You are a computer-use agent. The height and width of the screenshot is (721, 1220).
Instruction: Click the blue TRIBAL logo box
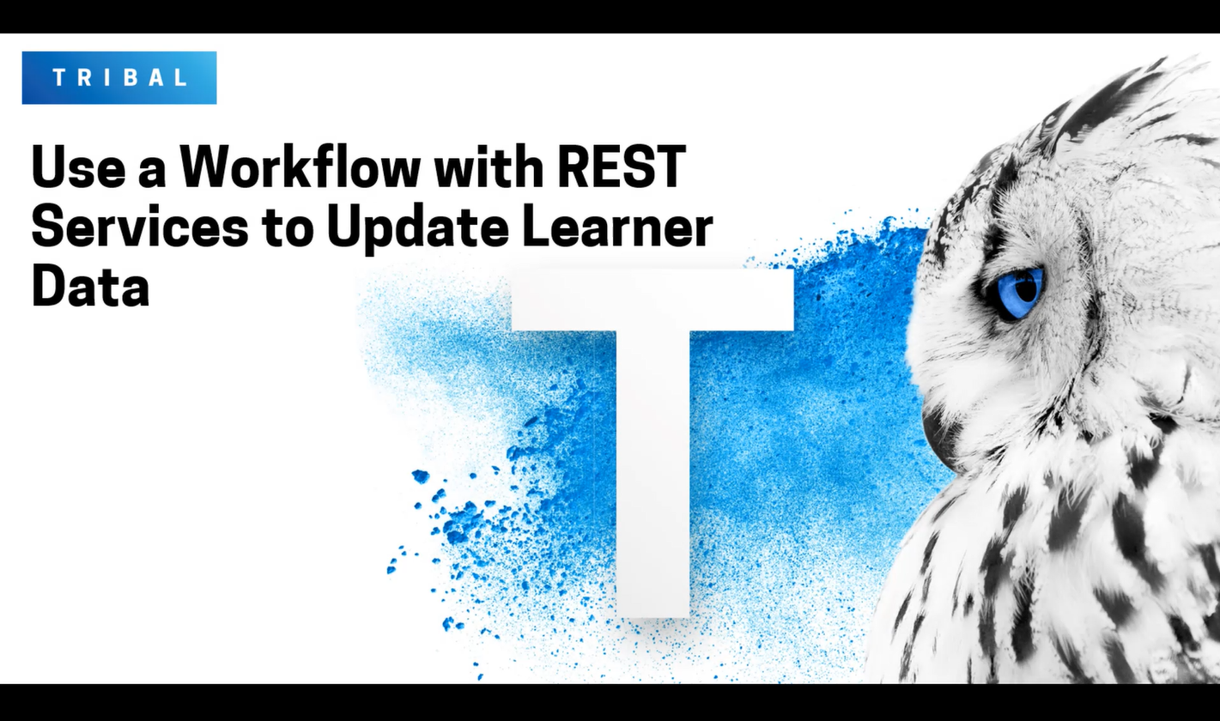[119, 77]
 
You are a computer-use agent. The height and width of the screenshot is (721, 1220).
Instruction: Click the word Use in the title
[72, 168]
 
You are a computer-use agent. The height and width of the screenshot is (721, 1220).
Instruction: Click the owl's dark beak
[941, 434]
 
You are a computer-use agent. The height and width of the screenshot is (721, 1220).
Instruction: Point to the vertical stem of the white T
[652, 472]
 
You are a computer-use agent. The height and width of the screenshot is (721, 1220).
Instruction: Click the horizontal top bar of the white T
[652, 300]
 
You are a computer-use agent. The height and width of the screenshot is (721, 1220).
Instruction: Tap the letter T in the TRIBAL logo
[59, 77]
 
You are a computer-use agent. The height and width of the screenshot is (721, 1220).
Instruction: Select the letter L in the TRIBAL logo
[180, 77]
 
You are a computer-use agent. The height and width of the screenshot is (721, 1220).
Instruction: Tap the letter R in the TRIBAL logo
[84, 77]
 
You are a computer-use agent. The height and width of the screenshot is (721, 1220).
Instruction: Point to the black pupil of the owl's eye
[1027, 289]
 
